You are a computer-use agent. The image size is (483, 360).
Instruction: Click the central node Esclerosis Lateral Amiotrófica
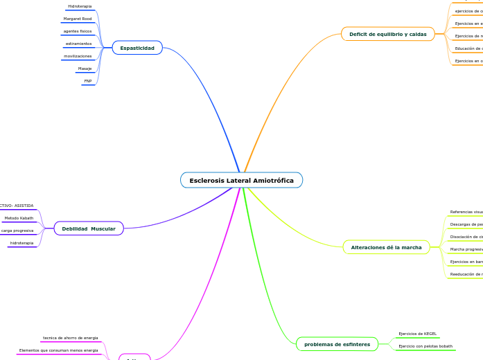click(241, 180)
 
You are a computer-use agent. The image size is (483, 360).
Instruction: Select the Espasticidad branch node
click(137, 48)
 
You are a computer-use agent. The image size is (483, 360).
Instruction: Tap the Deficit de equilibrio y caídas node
click(387, 33)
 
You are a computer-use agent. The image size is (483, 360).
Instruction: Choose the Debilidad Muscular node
click(89, 228)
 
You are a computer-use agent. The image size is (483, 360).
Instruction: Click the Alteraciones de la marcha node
click(387, 246)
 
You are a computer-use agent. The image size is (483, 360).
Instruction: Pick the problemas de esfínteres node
click(337, 344)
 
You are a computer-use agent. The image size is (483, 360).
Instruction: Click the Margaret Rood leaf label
click(78, 19)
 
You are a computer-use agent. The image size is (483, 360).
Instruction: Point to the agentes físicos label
click(78, 31)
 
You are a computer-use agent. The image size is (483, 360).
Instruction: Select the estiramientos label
click(78, 44)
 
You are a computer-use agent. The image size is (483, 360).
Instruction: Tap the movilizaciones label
click(78, 56)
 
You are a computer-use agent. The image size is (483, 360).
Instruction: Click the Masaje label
click(85, 69)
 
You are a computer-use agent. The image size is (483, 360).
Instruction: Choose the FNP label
click(87, 81)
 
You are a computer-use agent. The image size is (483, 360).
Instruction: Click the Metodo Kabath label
click(19, 218)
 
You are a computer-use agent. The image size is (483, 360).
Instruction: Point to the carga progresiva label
click(17, 231)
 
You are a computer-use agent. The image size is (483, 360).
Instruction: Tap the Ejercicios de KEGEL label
click(417, 334)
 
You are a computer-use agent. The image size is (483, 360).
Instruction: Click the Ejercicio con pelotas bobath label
click(425, 346)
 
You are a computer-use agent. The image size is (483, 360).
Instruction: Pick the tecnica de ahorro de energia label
click(70, 338)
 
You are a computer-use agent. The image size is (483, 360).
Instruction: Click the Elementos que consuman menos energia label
click(58, 350)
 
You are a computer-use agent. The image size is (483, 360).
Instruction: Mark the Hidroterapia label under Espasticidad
click(80, 6)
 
